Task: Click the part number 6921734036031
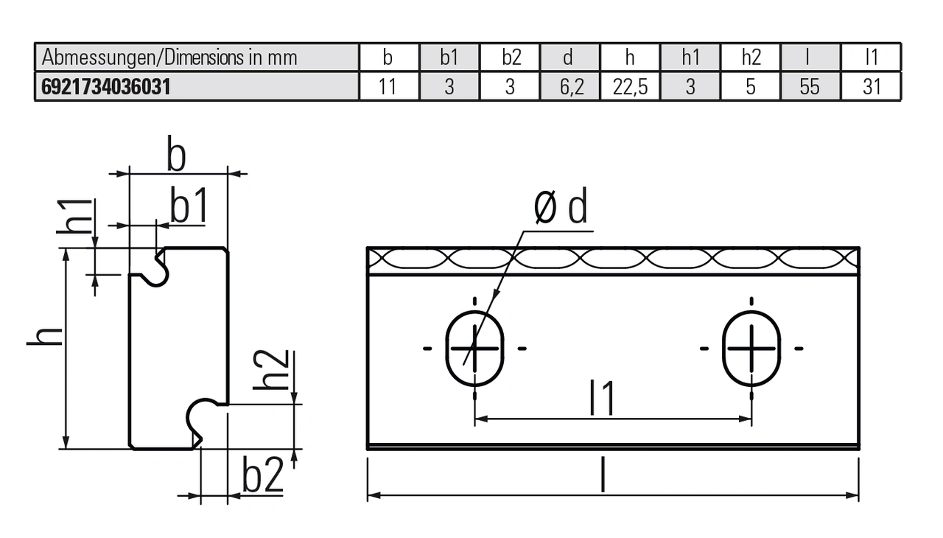click(106, 87)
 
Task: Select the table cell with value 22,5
click(630, 87)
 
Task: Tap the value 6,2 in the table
click(570, 87)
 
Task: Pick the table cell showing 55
click(809, 87)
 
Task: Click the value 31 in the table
click(872, 87)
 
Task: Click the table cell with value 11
click(388, 87)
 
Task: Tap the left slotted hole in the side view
click(475, 348)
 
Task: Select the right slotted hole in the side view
click(751, 348)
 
